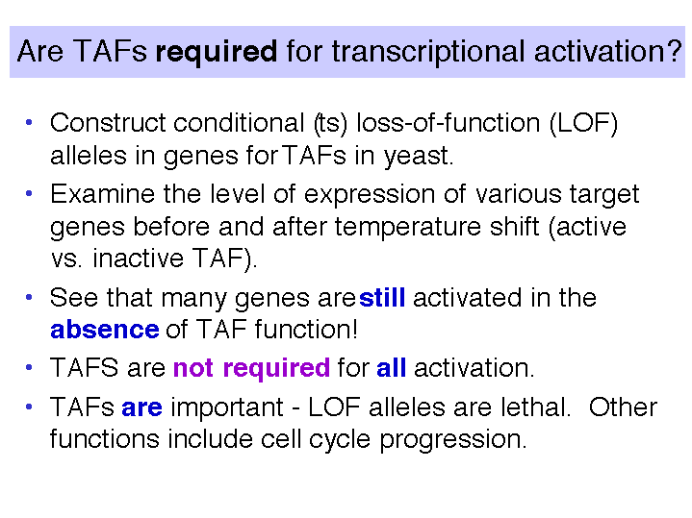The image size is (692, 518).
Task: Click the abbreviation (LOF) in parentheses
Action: [583, 123]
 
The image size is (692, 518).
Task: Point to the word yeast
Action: [418, 157]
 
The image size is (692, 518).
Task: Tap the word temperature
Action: [407, 228]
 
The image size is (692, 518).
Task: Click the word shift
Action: [514, 226]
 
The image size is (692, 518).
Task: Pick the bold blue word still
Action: [382, 298]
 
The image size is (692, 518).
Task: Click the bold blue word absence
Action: [105, 330]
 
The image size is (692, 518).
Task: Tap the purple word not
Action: [193, 368]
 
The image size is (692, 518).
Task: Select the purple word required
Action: [276, 369]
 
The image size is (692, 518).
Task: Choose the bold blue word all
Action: [391, 367]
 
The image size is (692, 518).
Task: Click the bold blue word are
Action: [141, 407]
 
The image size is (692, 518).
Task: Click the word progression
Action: [453, 440]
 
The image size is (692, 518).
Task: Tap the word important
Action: [227, 407]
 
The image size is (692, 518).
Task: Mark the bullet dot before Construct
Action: [29, 122]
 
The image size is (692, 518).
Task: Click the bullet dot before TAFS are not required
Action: [29, 367]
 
